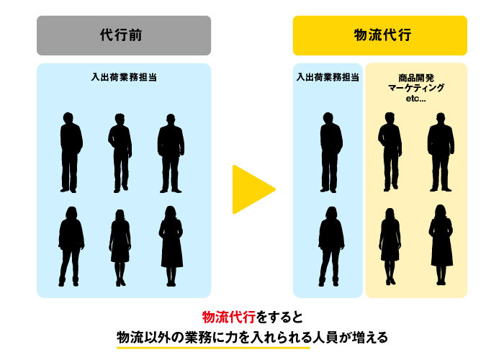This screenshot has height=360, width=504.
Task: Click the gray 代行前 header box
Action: [x=124, y=35]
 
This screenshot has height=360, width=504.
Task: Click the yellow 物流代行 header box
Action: [x=379, y=35]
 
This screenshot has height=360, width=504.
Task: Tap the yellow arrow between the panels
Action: [x=252, y=189]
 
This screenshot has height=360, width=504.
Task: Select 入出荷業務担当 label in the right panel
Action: [x=328, y=76]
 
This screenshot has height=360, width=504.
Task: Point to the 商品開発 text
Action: [x=416, y=76]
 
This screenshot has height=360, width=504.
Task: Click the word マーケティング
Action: [x=416, y=87]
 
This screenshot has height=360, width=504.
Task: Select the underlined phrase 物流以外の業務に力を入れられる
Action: [x=213, y=337]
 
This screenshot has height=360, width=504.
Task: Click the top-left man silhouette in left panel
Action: [x=71, y=152]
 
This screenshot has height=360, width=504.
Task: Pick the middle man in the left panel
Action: [x=120, y=152]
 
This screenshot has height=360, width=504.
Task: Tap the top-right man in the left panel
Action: [x=171, y=152]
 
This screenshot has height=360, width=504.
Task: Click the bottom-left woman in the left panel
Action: [x=71, y=246]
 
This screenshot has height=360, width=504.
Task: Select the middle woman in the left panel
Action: [x=120, y=246]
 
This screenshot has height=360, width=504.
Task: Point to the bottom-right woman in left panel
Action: [x=171, y=246]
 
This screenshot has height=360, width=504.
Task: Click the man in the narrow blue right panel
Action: [x=330, y=152]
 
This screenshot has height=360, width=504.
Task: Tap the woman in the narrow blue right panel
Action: [x=330, y=246]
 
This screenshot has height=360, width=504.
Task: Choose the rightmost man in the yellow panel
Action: [x=441, y=152]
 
